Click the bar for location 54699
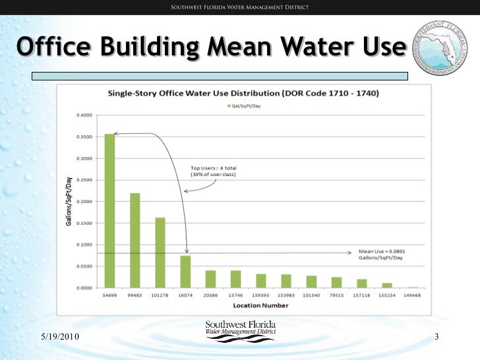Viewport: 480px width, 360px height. click(x=109, y=211)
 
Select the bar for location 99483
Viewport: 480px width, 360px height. click(x=135, y=241)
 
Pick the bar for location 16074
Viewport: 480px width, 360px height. click(x=185, y=272)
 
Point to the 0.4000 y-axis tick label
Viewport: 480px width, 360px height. click(x=83, y=115)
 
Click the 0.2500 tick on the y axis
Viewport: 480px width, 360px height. click(x=83, y=180)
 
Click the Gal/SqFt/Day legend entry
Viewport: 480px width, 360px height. click(x=246, y=105)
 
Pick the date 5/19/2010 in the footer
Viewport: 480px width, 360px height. click(x=55, y=338)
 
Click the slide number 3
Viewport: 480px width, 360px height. click(x=436, y=338)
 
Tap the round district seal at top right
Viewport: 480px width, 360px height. click(x=438, y=45)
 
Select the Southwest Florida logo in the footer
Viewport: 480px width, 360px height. click(x=241, y=330)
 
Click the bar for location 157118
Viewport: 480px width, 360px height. click(x=362, y=284)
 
